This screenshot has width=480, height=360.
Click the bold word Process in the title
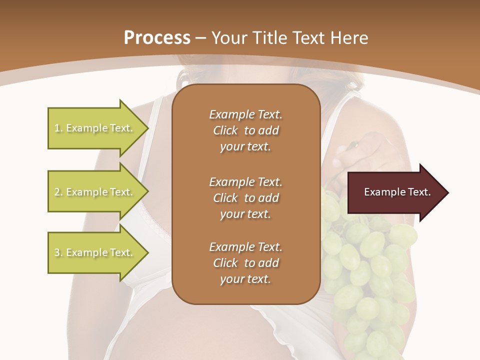[x=157, y=37]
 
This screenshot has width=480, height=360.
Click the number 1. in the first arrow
[x=58, y=128]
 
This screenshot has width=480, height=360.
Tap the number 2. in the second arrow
[x=58, y=192]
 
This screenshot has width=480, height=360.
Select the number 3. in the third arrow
[x=58, y=252]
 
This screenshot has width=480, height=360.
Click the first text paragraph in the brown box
[x=245, y=130]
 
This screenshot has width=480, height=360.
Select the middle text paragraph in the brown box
[x=245, y=197]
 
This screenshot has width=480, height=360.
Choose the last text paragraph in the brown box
[x=245, y=262]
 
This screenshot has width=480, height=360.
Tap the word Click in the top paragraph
[x=225, y=130]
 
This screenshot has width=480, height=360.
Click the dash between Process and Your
[x=200, y=37]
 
